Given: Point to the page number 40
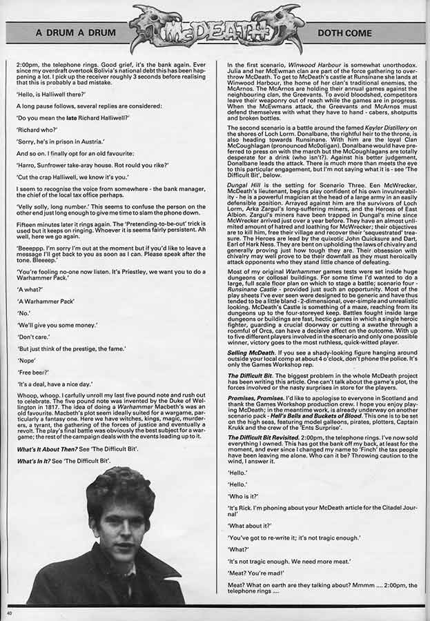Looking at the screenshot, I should click(x=9, y=613).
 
